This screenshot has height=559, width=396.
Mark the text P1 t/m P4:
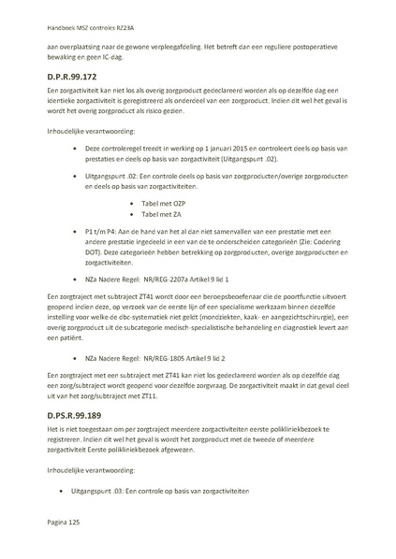point(102,230)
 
